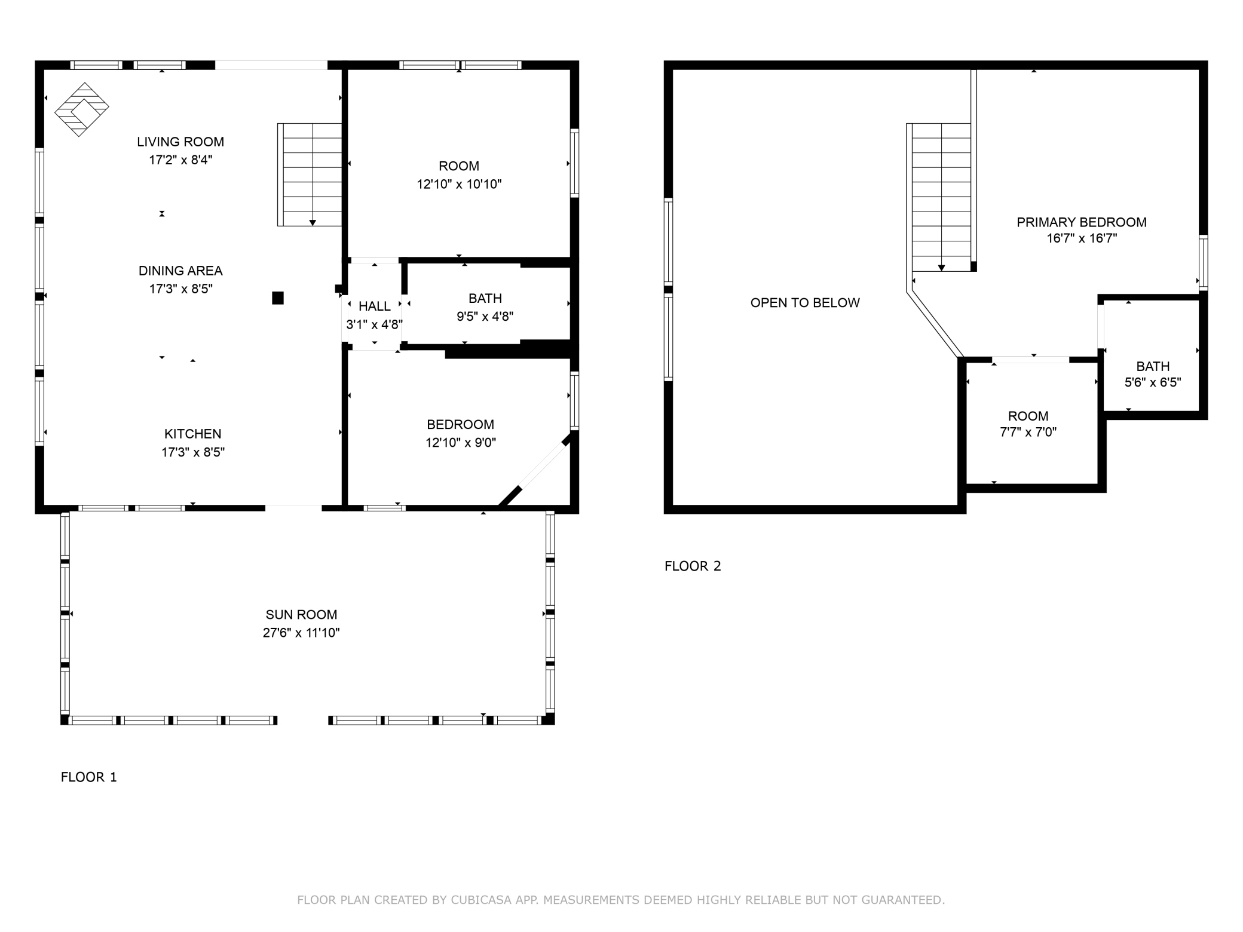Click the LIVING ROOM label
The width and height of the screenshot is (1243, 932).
pos(180,142)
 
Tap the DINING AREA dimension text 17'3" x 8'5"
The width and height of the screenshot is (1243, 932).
pos(181,289)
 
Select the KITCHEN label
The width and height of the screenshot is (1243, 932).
pos(193,434)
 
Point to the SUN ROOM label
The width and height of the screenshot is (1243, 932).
pos(301,614)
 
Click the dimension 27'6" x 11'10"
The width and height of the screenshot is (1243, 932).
pos(301,633)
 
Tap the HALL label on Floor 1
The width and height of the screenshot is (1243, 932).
pos(375,306)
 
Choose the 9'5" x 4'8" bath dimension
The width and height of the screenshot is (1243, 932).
pos(485,317)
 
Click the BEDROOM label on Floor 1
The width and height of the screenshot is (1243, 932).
pos(460,425)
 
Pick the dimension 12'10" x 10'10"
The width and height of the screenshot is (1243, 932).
pos(459,185)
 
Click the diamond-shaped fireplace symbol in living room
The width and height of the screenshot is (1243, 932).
pos(82,109)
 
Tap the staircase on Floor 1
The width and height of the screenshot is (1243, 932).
pos(310,174)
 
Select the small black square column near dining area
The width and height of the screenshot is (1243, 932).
pos(278,298)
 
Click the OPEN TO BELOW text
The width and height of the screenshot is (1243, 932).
pos(805,303)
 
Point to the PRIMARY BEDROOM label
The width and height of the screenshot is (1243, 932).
pos(1082,222)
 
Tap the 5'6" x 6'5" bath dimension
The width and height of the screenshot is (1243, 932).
pos(1153,383)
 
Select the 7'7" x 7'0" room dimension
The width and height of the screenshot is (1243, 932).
pos(1028,433)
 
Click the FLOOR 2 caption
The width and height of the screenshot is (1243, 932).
pos(693,566)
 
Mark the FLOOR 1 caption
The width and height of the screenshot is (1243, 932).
pos(89,777)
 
